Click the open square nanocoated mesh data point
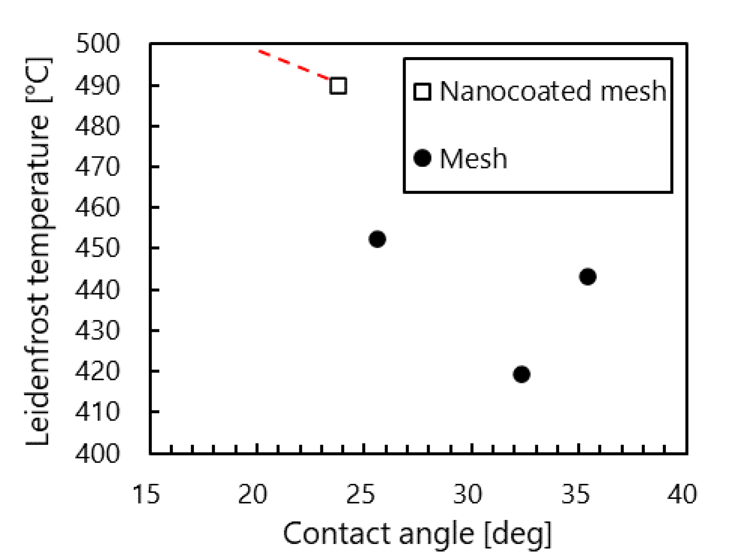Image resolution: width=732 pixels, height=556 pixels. pos(338,86)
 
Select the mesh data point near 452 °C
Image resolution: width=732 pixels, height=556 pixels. pos(377,239)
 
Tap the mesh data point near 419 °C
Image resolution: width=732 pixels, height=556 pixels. pos(521,374)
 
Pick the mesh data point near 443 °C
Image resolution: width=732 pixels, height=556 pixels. pos(588,277)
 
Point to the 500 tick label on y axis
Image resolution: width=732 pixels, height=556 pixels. pos(98,44)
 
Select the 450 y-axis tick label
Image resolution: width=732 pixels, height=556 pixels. pos(98,249)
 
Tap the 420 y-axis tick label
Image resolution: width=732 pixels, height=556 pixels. pos(98,372)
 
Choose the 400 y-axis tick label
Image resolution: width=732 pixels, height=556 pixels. pos(98,453)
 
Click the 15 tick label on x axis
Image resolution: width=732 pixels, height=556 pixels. pos(146,494)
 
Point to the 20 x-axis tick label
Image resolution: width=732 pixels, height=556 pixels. pos(253,494)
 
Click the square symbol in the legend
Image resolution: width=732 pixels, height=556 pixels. pos(422,91)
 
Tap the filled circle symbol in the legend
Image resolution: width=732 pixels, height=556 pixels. pos(422,158)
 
